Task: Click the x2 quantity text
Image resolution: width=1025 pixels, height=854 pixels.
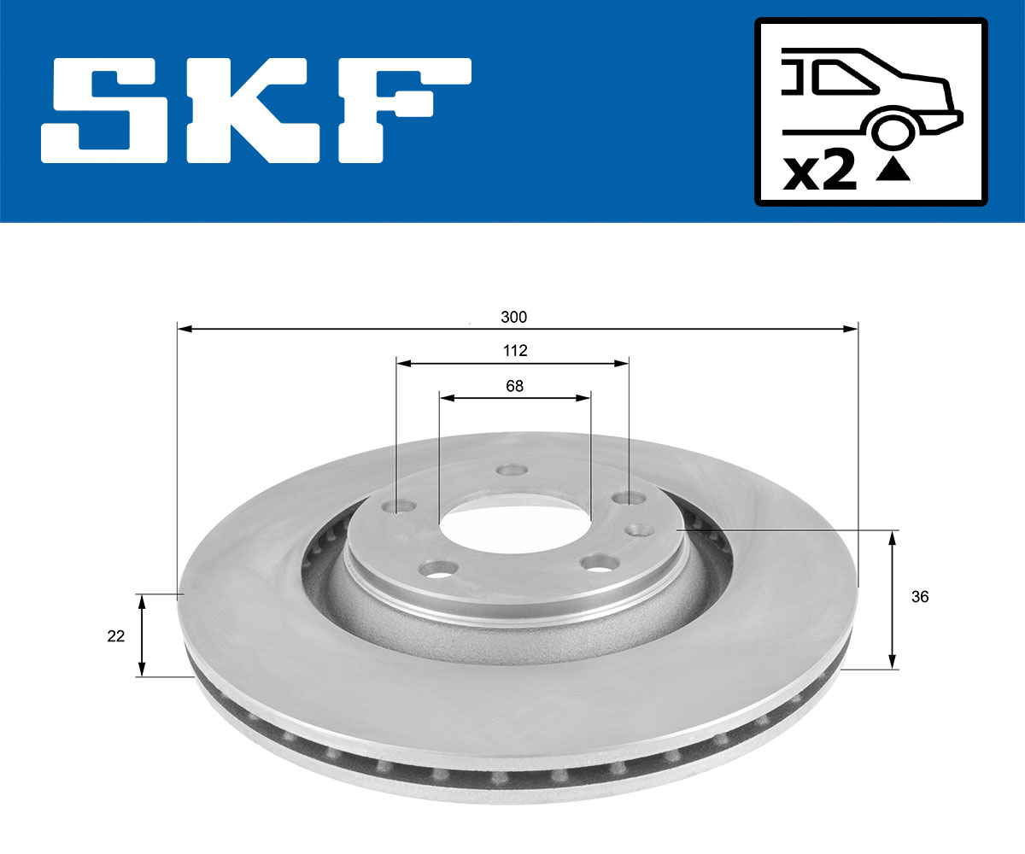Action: coord(820,173)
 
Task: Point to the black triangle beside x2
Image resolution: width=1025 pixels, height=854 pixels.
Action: coord(893,171)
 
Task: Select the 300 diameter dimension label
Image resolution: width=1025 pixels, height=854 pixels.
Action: coord(513,317)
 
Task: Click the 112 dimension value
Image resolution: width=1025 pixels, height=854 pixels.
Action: coord(514,351)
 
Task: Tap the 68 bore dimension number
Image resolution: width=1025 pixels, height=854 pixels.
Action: coord(514,386)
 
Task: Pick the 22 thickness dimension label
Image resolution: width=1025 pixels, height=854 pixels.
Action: coord(116,635)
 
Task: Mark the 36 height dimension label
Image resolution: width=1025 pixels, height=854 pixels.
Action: coord(920,598)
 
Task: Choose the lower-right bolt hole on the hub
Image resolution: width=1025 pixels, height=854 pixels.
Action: coord(599,563)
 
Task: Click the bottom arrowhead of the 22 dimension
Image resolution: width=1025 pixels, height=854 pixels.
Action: coord(143,670)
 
